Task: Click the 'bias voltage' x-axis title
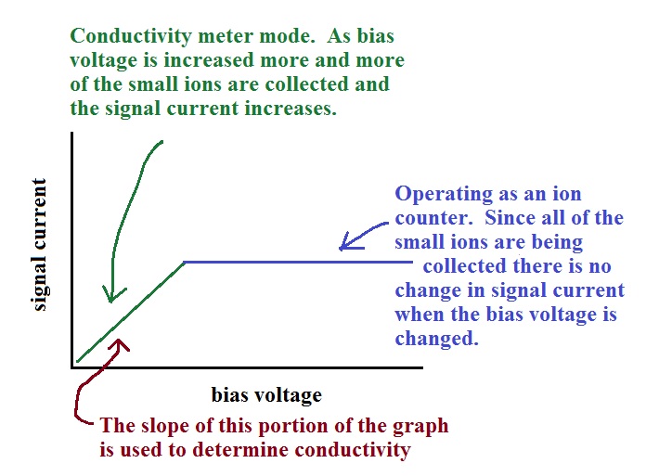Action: pyautogui.click(x=266, y=395)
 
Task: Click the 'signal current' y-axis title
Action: pyautogui.click(x=39, y=245)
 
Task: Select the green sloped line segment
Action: pyautogui.click(x=130, y=312)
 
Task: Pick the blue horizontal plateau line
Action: pyautogui.click(x=298, y=263)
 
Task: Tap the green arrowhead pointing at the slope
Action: pyautogui.click(x=111, y=294)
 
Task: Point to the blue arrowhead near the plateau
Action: pyautogui.click(x=349, y=242)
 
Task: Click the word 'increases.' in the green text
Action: pyautogui.click(x=291, y=109)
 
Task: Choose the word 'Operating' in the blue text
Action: pyautogui.click(x=444, y=195)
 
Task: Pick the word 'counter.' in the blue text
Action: pyautogui.click(x=436, y=218)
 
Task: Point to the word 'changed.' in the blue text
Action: pyautogui.click(x=437, y=338)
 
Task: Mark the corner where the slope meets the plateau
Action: pyautogui.click(x=185, y=263)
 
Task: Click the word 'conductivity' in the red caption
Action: pyautogui.click(x=352, y=450)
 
